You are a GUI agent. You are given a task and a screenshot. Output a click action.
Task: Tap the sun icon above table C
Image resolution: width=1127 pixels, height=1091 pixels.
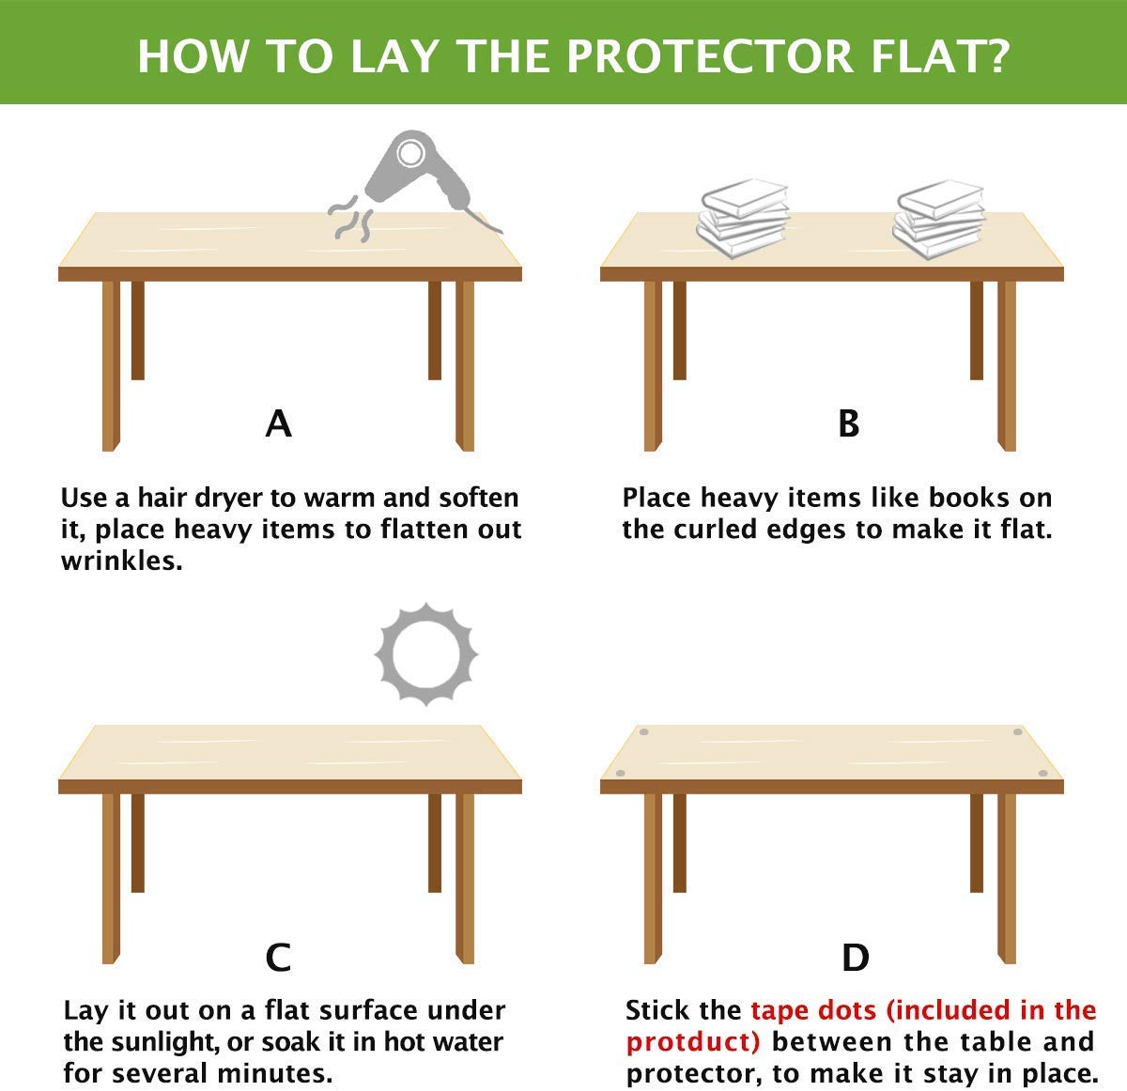pyautogui.click(x=426, y=654)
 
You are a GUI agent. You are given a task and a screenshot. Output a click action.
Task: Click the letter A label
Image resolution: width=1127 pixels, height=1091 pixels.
pyautogui.click(x=279, y=424)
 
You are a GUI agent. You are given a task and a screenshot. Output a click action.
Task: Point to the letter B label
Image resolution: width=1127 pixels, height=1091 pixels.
pyautogui.click(x=848, y=424)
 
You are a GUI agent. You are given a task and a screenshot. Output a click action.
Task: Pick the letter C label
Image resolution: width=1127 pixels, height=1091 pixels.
pyautogui.click(x=279, y=958)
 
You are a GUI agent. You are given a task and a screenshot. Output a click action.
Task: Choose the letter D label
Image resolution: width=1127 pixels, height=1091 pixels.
pyautogui.click(x=855, y=958)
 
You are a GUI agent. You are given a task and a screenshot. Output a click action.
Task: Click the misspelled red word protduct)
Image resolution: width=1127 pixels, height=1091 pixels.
pyautogui.click(x=693, y=1042)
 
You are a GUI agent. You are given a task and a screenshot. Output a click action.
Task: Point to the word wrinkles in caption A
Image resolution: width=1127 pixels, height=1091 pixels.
pyautogui.click(x=121, y=561)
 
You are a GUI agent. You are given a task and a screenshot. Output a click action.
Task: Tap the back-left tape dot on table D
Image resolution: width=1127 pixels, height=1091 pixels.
pyautogui.click(x=644, y=731)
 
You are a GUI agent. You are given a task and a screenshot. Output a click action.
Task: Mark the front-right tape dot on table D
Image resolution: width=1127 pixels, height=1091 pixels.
pyautogui.click(x=1042, y=773)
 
